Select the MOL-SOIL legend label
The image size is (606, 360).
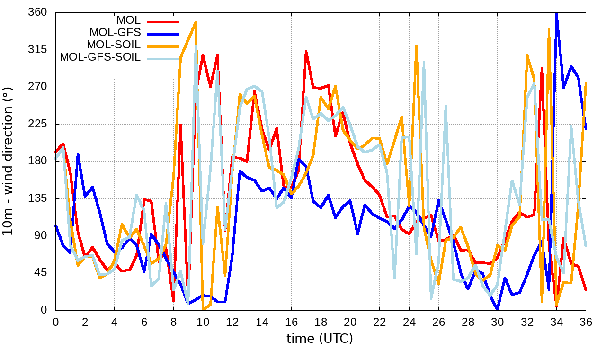tap(114, 45)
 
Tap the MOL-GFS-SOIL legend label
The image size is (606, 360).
tap(100, 57)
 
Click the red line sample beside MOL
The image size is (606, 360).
tap(163, 21)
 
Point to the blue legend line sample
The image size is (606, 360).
tap(163, 34)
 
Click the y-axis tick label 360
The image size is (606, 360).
tap(37, 12)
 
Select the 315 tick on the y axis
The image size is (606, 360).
tap(37, 50)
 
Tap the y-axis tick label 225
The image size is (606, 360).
tap(37, 124)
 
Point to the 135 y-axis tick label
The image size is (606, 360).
tap(37, 198)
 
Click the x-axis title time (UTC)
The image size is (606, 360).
tap(320, 339)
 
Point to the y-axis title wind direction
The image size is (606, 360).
tap(9, 161)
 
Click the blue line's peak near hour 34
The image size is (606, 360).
tap(556, 13)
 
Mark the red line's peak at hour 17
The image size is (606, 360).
tap(306, 51)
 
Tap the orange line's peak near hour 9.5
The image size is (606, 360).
tap(195, 22)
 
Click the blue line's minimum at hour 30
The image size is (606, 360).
tap(497, 309)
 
